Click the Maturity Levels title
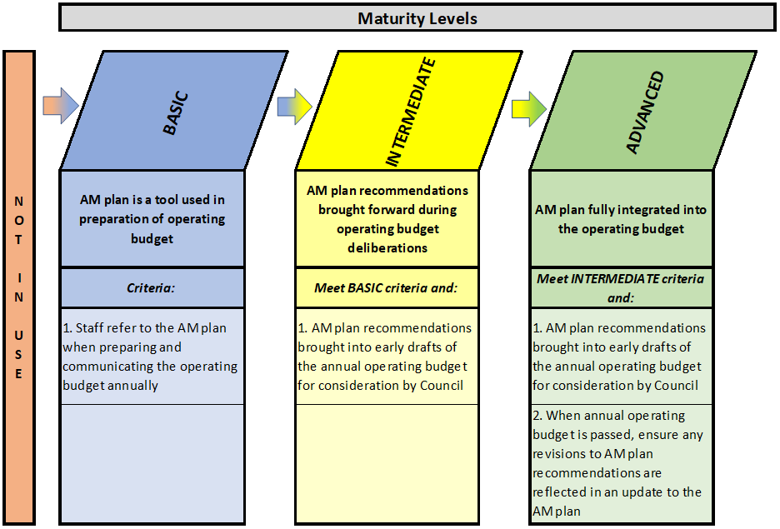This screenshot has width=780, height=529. click(x=417, y=18)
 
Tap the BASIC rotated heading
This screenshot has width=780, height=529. click(x=176, y=112)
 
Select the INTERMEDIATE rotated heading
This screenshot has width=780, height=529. click(x=410, y=112)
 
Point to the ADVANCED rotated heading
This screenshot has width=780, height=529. click(x=645, y=112)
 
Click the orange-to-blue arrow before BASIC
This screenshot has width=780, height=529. click(x=61, y=106)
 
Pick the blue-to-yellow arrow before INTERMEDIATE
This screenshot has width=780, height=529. click(x=294, y=107)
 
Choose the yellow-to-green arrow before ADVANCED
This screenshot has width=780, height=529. click(x=529, y=109)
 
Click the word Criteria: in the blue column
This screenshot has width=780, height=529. click(x=151, y=288)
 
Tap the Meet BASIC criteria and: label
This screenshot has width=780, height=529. click(x=386, y=288)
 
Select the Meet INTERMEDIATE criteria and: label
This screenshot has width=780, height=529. click(x=620, y=288)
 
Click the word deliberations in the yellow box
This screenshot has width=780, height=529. click(x=387, y=247)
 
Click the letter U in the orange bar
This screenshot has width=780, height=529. click(x=18, y=335)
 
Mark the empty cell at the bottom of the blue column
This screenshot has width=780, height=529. click(x=152, y=463)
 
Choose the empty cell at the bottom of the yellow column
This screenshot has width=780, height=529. click(x=387, y=463)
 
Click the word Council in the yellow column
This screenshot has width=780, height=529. click(x=442, y=386)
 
